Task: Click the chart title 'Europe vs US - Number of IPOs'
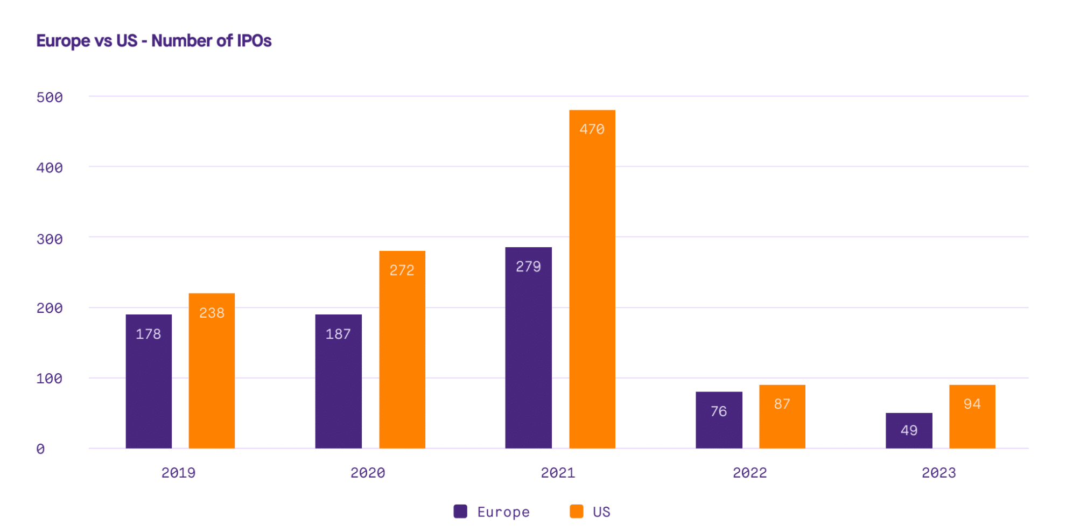(x=154, y=41)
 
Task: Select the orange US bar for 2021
(x=592, y=279)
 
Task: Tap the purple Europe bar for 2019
(x=149, y=381)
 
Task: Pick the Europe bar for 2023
(x=909, y=430)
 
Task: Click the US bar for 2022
(x=782, y=416)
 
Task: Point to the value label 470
(x=592, y=129)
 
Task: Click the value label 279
(x=528, y=267)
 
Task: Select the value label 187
(x=338, y=334)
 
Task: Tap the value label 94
(x=972, y=404)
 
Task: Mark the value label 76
(x=719, y=411)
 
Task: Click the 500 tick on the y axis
(x=50, y=97)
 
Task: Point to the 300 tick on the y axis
(x=50, y=239)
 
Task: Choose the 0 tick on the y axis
(x=40, y=449)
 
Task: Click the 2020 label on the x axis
(x=368, y=473)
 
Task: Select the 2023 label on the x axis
(x=939, y=473)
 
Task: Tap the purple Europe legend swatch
(x=460, y=512)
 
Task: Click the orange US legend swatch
(x=577, y=512)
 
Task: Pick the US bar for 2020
(x=402, y=349)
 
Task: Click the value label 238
(x=212, y=313)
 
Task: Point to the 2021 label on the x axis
(x=558, y=473)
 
